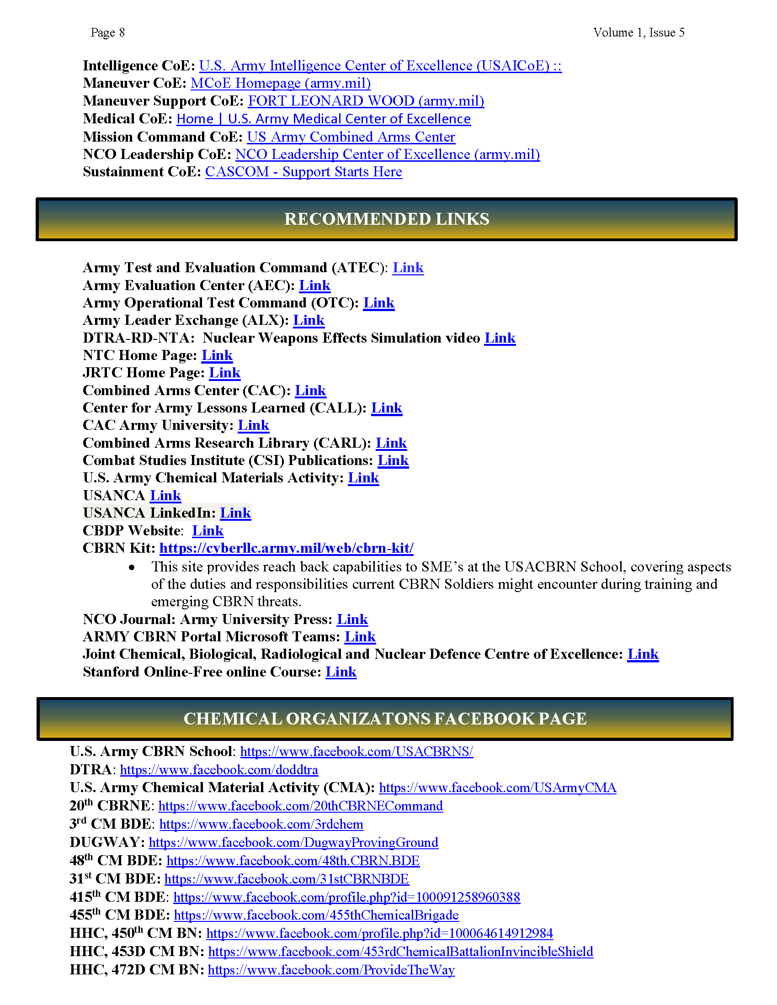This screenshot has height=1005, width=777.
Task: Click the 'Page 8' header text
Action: tap(107, 33)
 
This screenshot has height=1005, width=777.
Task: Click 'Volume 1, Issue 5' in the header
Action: tap(638, 33)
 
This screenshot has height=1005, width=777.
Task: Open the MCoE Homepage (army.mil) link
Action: tap(280, 83)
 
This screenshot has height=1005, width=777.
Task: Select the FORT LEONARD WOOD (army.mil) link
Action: tap(366, 101)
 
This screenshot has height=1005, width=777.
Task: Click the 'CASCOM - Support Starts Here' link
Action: tap(303, 172)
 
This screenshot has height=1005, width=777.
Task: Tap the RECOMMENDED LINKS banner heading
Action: tap(386, 219)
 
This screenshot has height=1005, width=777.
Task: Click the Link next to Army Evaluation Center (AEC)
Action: tap(314, 286)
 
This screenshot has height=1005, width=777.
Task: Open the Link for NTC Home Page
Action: tap(217, 356)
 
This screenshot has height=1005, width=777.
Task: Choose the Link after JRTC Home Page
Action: tap(224, 373)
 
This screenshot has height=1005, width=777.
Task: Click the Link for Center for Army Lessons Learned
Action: tap(387, 408)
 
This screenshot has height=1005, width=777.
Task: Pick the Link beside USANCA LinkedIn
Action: tap(235, 513)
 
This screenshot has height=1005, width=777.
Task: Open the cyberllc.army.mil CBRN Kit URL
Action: tap(286, 548)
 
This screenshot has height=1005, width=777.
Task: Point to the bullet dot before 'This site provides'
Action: tap(132, 567)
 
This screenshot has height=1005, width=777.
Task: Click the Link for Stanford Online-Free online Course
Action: tap(341, 672)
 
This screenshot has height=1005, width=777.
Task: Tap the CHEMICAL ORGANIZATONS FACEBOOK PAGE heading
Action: tap(385, 719)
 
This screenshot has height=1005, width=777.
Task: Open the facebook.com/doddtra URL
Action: tap(218, 770)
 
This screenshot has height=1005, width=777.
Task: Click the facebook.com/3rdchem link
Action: tap(261, 824)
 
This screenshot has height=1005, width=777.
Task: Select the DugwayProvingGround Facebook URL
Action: tap(293, 842)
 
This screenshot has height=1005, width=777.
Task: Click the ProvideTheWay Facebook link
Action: tap(331, 970)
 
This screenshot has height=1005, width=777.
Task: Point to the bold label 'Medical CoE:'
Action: tap(128, 119)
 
